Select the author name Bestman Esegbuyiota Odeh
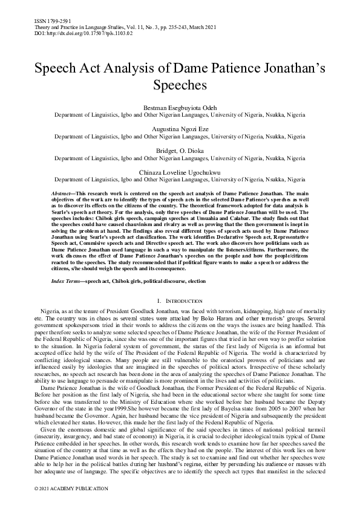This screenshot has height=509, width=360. pyautogui.click(x=180, y=106)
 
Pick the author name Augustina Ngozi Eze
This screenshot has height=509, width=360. pyautogui.click(x=180, y=129)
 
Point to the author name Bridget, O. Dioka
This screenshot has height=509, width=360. pyautogui.click(x=180, y=151)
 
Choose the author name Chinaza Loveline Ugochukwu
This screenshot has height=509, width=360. pyautogui.click(x=180, y=172)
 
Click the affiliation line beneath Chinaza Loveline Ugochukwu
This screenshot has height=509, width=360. pyautogui.click(x=180, y=180)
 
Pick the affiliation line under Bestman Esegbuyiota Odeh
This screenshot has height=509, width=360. pyautogui.click(x=180, y=114)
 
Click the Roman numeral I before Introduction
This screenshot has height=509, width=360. pyautogui.click(x=158, y=300)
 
